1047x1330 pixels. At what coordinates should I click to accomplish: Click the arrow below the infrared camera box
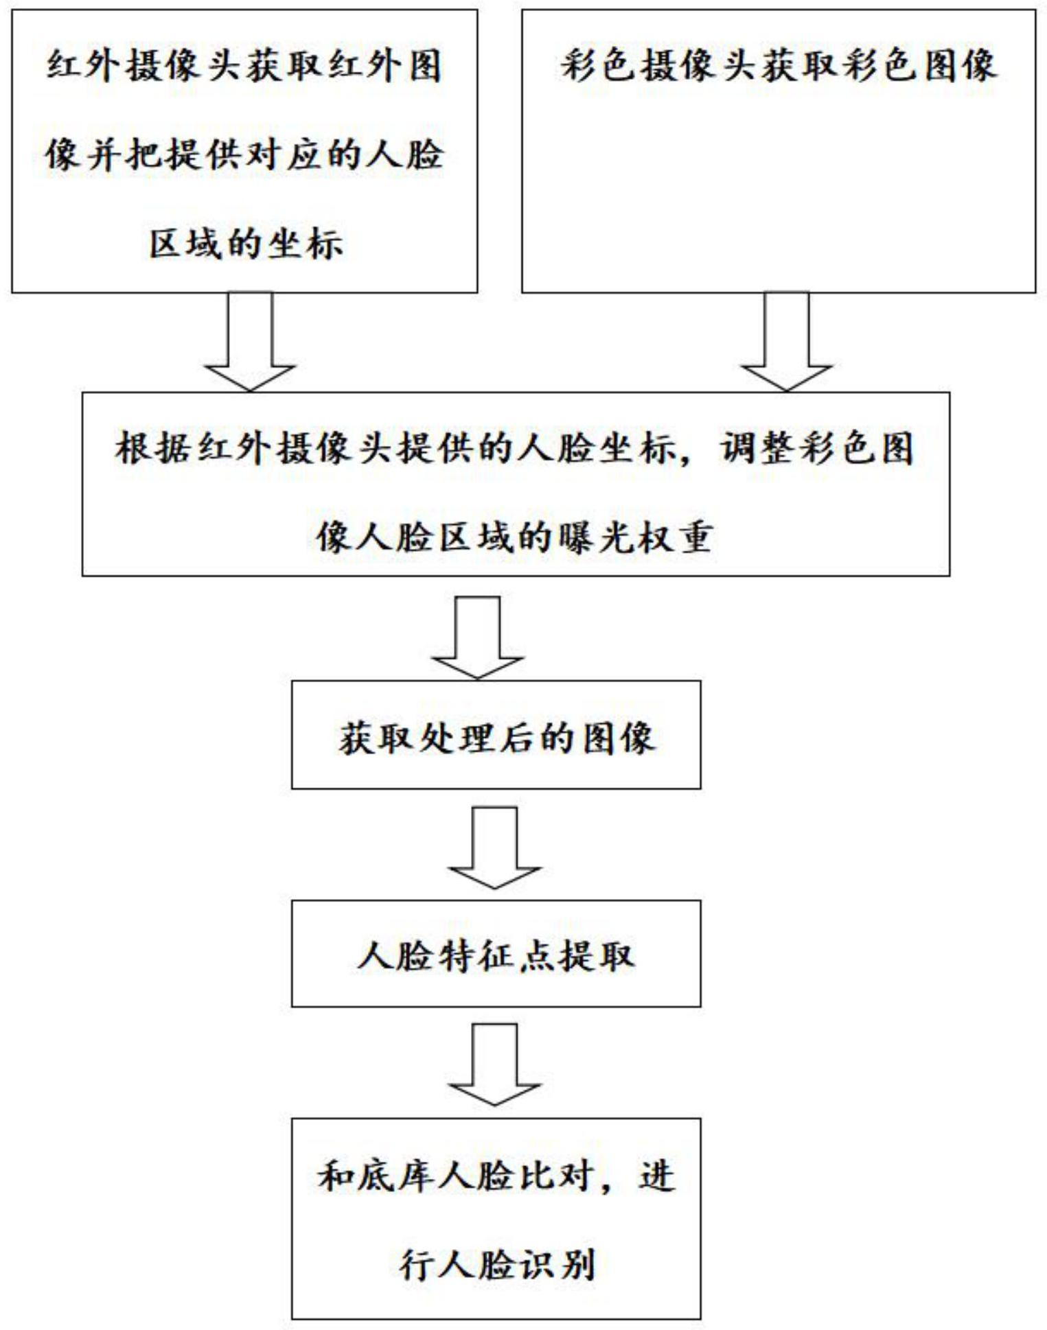[x=250, y=341]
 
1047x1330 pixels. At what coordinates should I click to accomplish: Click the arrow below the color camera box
[x=786, y=341]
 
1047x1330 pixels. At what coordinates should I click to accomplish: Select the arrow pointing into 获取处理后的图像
[x=477, y=638]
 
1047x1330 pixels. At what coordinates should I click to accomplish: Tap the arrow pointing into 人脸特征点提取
[x=494, y=848]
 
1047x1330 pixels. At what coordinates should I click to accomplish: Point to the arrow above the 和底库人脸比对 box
[x=494, y=1064]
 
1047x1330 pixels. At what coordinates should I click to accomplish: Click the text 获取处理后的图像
[x=496, y=738]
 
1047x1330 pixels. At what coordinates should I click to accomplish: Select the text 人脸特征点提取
[x=496, y=955]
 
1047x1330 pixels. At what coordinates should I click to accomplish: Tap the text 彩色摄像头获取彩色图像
[x=778, y=67]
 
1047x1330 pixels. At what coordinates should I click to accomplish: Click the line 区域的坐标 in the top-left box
[x=246, y=244]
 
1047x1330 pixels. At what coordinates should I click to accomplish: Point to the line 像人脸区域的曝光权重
[x=514, y=537]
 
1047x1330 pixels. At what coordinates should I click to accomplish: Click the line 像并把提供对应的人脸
[x=244, y=154]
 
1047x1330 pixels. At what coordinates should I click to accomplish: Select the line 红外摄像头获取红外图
[x=244, y=67]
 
